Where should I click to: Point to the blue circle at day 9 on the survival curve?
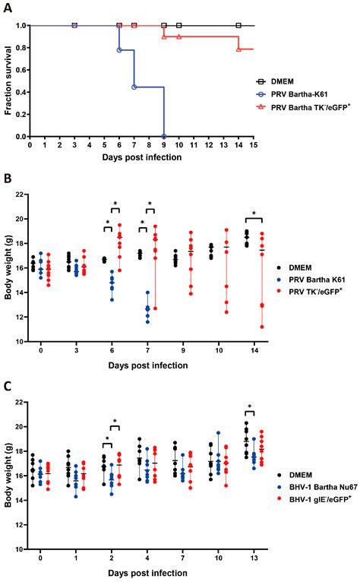[x=164, y=136]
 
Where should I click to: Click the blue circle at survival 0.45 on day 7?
[x=134, y=87]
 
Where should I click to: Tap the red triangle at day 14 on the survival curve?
[x=238, y=49]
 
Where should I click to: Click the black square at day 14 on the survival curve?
[x=238, y=26]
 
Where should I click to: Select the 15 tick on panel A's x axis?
[x=253, y=144]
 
